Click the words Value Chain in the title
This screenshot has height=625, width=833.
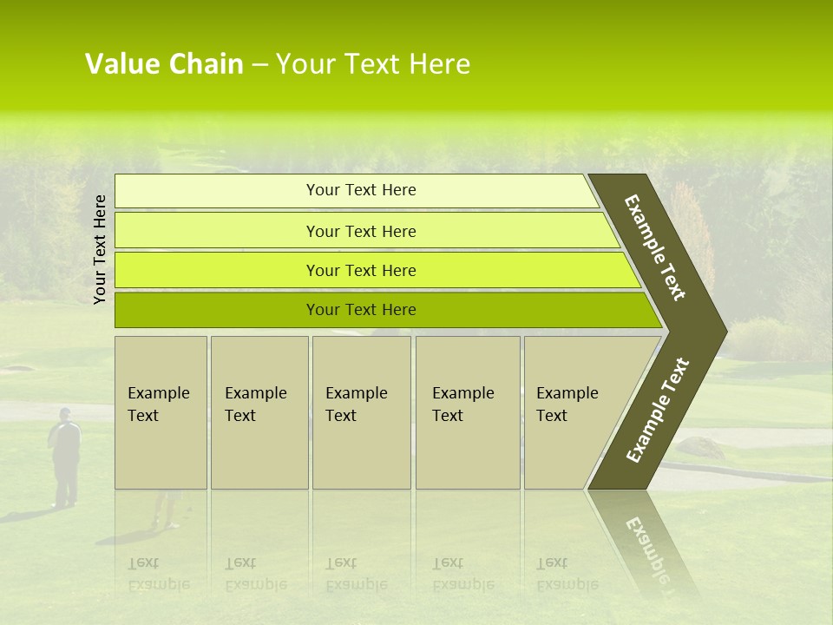point(164,64)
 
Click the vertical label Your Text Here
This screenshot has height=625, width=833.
point(100,249)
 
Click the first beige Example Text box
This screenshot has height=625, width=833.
point(161,412)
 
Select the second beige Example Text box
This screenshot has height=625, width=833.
point(259,412)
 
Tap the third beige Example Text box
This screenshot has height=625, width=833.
point(361,412)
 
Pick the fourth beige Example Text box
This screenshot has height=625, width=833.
point(468,412)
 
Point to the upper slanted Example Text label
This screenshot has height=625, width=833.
point(655,247)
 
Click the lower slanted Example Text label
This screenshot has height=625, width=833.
point(658,410)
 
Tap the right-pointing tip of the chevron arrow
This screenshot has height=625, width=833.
point(723,331)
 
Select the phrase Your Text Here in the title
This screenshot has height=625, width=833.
point(372,64)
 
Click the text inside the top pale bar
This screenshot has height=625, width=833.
point(361,190)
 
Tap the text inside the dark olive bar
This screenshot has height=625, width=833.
point(361,310)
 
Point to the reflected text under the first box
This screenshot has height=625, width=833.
point(158,573)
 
